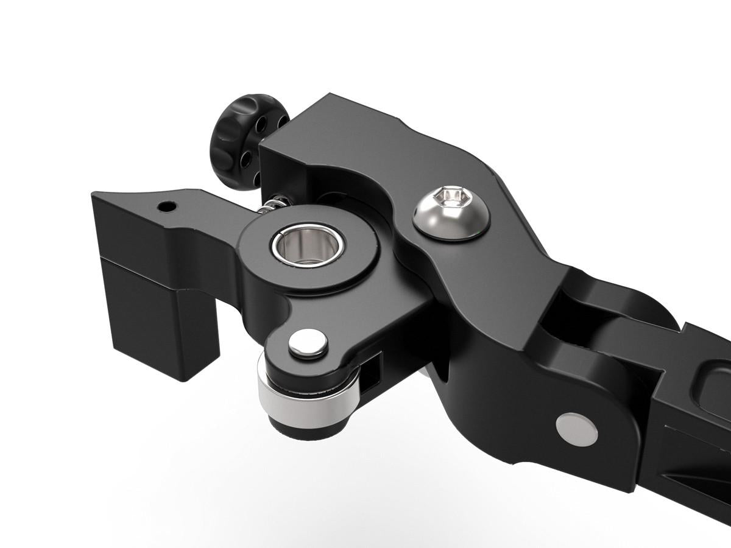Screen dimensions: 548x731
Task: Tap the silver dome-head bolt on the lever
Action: click(x=451, y=214)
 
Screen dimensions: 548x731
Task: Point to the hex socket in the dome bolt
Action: click(x=451, y=197)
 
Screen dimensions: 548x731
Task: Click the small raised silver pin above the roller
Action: click(x=308, y=343)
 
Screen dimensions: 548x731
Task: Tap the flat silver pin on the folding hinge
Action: click(x=576, y=429)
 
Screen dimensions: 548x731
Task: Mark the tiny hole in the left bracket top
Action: click(x=166, y=207)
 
